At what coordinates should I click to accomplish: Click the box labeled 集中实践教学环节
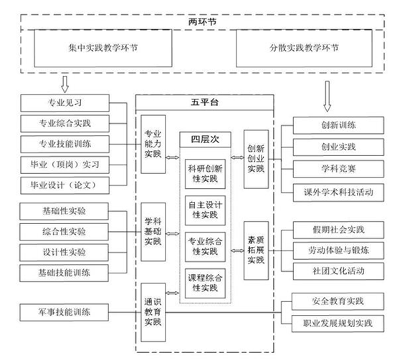click(103, 48)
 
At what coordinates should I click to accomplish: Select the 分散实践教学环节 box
click(304, 48)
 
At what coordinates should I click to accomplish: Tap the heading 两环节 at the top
click(202, 22)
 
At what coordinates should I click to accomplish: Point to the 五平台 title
click(204, 102)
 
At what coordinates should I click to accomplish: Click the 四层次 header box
click(205, 140)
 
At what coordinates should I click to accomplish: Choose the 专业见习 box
click(64, 103)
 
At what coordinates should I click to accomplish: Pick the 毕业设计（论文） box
click(64, 185)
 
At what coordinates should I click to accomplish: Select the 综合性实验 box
click(64, 232)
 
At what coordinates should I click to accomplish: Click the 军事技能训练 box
click(64, 312)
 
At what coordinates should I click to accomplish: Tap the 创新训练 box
click(338, 125)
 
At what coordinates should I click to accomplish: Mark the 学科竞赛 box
click(338, 169)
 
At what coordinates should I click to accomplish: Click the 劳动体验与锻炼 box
click(338, 250)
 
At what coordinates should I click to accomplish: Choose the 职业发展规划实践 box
click(338, 323)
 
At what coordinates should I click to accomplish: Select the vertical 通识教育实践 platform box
click(153, 312)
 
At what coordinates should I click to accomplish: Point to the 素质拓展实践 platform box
click(256, 250)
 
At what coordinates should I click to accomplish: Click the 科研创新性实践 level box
click(205, 174)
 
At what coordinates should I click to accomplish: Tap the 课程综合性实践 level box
click(205, 283)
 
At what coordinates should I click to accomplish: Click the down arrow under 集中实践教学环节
click(64, 84)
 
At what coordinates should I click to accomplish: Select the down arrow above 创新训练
click(327, 97)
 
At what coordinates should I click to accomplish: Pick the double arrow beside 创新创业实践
click(237, 157)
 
